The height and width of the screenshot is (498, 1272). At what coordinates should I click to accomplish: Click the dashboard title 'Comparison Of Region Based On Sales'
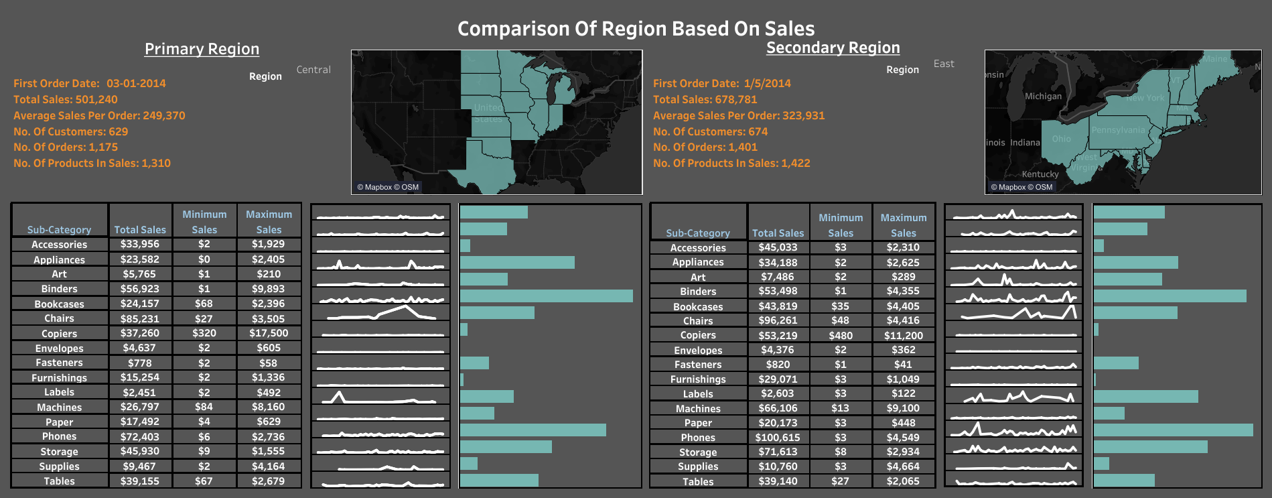click(x=636, y=29)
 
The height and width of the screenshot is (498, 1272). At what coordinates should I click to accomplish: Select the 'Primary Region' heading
click(x=202, y=49)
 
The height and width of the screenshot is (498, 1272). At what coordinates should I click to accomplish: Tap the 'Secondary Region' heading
click(x=833, y=48)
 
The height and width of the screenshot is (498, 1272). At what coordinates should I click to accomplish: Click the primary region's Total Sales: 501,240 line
click(x=66, y=99)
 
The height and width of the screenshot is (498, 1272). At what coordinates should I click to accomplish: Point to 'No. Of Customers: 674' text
click(x=710, y=131)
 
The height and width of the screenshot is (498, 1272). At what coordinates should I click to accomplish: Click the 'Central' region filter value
click(x=313, y=70)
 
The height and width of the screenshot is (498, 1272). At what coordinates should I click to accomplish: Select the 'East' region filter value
click(x=944, y=64)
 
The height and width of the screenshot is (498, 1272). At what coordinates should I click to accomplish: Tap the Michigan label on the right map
click(x=1043, y=96)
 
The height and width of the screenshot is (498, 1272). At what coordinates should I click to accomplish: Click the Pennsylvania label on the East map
click(x=1118, y=129)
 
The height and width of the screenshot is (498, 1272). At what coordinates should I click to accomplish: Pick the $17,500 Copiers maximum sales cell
click(x=269, y=333)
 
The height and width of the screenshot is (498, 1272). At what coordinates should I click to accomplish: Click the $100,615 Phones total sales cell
click(x=778, y=438)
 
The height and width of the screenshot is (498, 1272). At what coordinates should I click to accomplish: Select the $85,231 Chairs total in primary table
click(x=139, y=319)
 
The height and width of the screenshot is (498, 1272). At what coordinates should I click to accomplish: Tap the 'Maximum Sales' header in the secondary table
click(x=903, y=225)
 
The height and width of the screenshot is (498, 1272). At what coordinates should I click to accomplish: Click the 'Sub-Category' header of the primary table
click(x=59, y=229)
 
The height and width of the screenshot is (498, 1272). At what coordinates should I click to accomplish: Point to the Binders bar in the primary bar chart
click(x=546, y=296)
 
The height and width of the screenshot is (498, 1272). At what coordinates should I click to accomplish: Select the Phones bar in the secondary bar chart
click(x=1173, y=430)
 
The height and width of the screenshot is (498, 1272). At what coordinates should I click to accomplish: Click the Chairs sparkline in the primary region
click(x=380, y=312)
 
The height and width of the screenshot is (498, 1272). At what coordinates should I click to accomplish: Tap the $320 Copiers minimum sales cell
click(x=204, y=333)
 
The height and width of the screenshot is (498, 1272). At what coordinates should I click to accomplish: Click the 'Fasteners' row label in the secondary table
click(x=697, y=365)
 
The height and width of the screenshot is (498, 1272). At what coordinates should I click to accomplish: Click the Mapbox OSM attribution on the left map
click(x=388, y=187)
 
